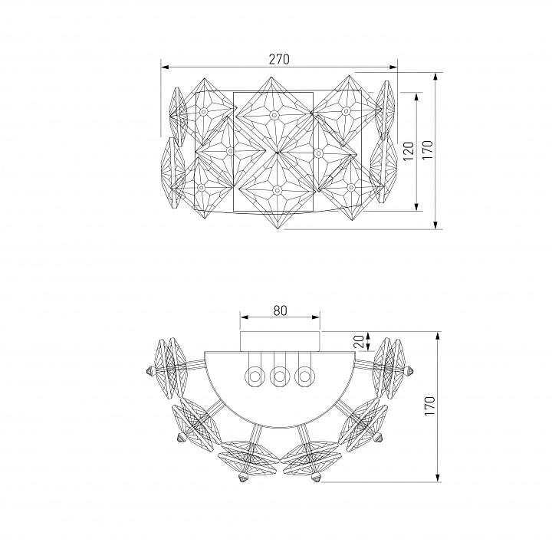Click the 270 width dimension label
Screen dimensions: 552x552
[279, 59]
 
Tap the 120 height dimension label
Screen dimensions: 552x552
[409, 151]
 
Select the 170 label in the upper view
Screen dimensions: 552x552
[427, 150]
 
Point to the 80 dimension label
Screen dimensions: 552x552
[280, 310]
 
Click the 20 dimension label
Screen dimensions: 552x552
[359, 341]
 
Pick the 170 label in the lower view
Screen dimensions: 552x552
[429, 406]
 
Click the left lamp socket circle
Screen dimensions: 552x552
[255, 376]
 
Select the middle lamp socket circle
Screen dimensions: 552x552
[280, 376]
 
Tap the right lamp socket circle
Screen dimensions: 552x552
[304, 376]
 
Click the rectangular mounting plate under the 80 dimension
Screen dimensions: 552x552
[280, 341]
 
